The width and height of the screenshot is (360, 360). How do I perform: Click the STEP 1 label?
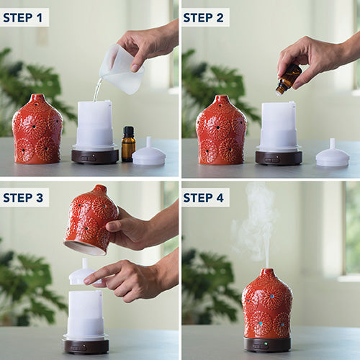click(22, 18)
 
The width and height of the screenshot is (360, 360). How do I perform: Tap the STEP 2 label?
click(203, 18)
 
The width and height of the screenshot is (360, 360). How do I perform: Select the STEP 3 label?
click(23, 198)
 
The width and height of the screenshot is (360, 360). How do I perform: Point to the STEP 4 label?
click(203, 198)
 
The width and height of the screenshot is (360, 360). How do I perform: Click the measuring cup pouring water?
click(121, 70)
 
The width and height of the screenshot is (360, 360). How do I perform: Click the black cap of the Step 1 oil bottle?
click(128, 131)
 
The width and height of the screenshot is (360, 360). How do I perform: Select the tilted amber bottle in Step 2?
click(289, 78)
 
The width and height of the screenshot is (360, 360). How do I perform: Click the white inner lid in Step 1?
click(149, 153)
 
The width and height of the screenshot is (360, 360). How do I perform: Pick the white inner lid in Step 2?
click(333, 154)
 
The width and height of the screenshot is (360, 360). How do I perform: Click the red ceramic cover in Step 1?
click(37, 130)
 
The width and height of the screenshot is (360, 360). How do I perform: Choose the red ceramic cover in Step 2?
click(221, 131)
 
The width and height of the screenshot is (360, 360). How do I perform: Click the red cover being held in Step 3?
click(91, 220)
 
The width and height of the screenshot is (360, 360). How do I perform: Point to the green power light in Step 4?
click(266, 344)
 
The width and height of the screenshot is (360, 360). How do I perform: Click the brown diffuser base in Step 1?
click(95, 156)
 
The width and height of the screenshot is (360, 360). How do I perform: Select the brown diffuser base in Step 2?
click(279, 158)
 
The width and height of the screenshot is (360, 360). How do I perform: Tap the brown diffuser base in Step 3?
click(86, 346)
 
